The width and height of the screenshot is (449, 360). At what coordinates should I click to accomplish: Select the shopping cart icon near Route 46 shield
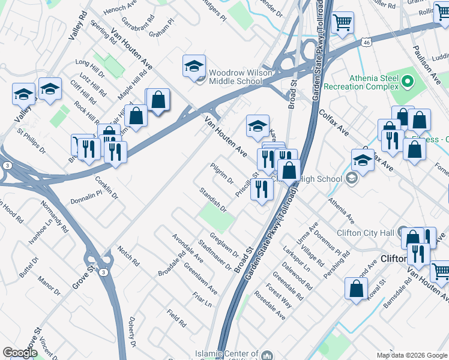[x=342, y=23]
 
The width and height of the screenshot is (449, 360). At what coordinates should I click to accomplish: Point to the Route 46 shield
[x=367, y=43]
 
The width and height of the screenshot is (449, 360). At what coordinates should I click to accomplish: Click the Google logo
[x=20, y=352]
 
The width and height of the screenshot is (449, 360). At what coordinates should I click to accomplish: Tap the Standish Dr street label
[x=214, y=200]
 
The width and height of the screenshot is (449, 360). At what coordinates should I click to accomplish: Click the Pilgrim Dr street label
[x=221, y=172]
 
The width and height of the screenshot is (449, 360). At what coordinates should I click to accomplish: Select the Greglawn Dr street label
[x=223, y=244]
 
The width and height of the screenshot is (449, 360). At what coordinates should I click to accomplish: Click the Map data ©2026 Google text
[x=411, y=355]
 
